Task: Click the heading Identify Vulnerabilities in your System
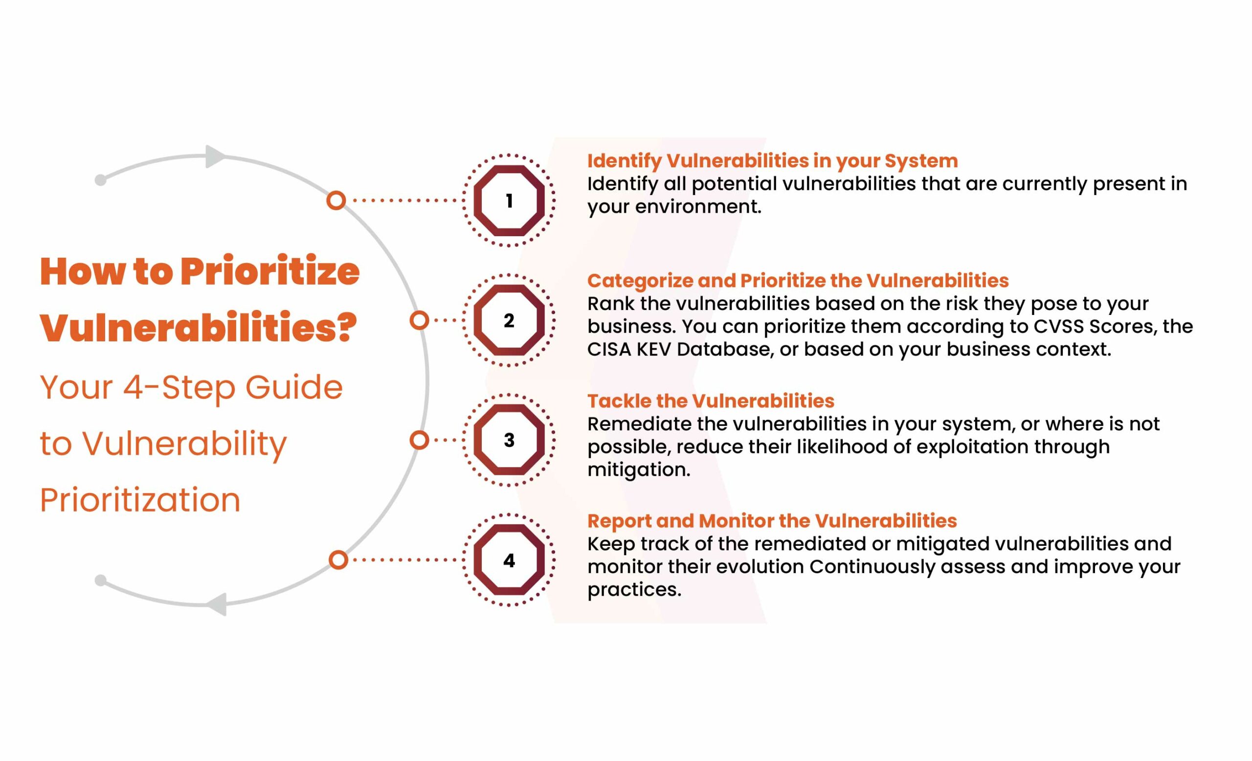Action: point(772,161)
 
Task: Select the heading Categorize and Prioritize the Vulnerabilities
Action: point(798,281)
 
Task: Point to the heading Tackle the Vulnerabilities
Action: point(711,401)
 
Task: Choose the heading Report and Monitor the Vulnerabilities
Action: point(772,521)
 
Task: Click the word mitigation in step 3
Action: point(639,470)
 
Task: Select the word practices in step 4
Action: point(634,590)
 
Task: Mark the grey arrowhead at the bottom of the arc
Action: point(216,604)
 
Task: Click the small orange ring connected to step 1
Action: point(336,201)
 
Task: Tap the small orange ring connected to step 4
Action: point(338,560)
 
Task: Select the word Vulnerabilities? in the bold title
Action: point(199,328)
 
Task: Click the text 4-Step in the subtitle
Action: point(179,388)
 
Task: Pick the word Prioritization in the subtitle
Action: point(140,500)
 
